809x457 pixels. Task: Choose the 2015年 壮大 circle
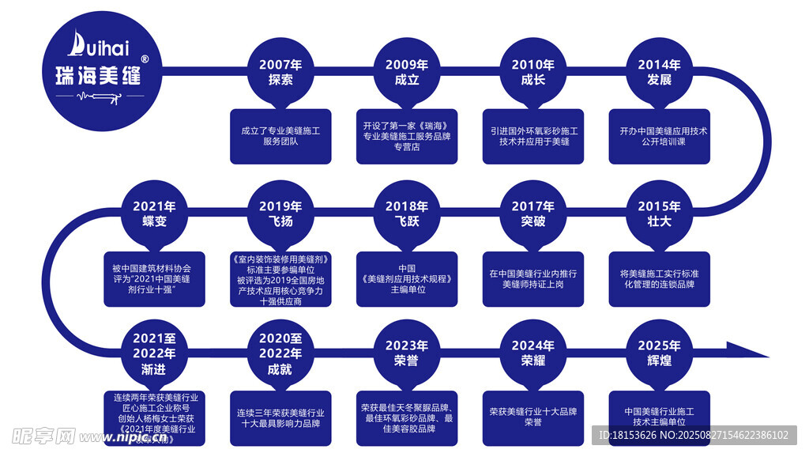(x=660, y=213)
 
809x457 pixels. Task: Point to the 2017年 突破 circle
(x=533, y=213)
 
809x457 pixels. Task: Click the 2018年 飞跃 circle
(x=407, y=213)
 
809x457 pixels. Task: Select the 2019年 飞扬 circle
(x=280, y=213)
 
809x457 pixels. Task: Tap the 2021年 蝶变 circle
(x=154, y=213)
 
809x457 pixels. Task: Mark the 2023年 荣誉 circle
(x=407, y=353)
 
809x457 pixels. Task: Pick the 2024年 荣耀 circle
(x=533, y=353)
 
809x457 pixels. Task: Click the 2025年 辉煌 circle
(x=660, y=353)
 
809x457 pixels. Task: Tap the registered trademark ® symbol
(x=144, y=59)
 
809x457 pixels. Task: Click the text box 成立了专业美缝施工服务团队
(x=280, y=136)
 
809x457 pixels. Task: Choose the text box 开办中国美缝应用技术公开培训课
(x=660, y=136)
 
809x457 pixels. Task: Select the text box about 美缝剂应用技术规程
(x=407, y=278)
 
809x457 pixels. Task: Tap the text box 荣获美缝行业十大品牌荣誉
(x=533, y=417)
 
